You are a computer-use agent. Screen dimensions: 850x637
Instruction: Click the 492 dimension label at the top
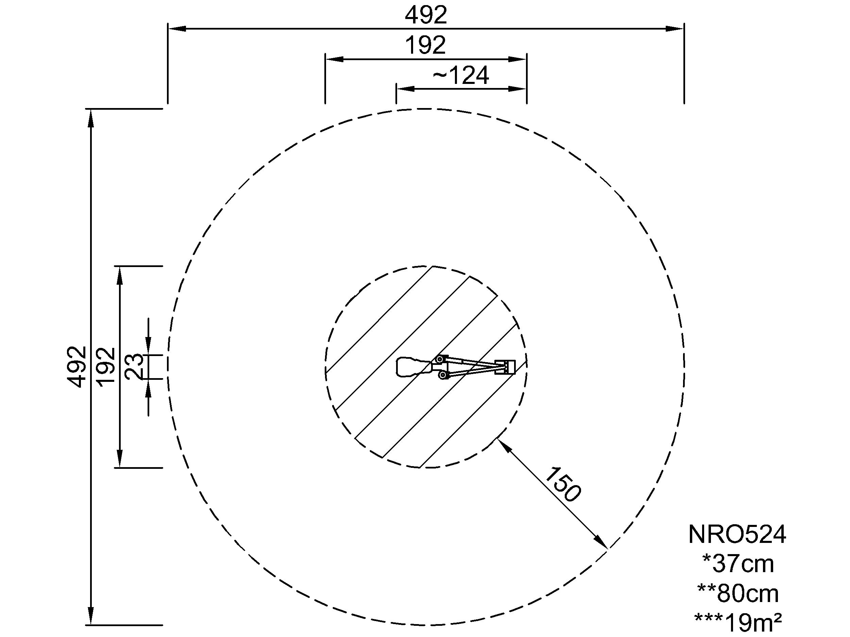426,15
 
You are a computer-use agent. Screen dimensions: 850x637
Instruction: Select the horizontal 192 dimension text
426,46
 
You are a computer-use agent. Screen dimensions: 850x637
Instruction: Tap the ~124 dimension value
461,75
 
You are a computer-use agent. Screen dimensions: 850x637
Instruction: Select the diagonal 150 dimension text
563,484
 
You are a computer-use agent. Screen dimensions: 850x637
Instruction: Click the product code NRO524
737,534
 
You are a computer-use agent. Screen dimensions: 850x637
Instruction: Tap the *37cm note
738,564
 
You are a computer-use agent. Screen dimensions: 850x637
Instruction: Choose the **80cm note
738,593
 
